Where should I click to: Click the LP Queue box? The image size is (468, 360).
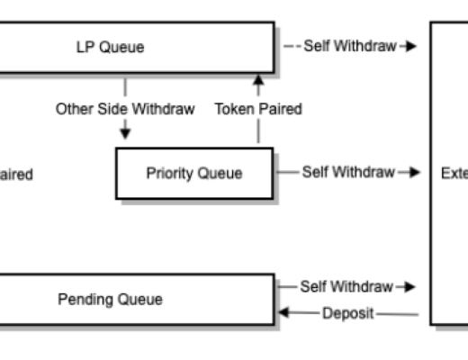click(x=135, y=48)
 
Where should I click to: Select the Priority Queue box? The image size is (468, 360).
click(x=193, y=174)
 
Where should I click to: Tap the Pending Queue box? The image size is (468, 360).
click(x=135, y=300)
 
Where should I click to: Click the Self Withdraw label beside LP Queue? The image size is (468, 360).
click(x=349, y=46)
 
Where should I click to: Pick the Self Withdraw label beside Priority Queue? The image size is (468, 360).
click(x=347, y=172)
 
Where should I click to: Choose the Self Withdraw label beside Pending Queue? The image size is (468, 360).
click(x=346, y=287)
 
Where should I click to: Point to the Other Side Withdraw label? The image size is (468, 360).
click(x=125, y=109)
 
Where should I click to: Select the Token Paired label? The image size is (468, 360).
click(x=258, y=109)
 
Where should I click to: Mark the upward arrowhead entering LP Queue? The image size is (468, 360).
click(x=258, y=80)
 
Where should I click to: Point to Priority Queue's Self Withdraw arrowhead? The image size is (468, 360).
click(x=415, y=172)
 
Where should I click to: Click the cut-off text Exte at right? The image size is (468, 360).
click(x=454, y=174)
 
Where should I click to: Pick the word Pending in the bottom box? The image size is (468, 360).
click(x=85, y=300)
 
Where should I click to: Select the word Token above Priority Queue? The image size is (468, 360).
click(x=234, y=109)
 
